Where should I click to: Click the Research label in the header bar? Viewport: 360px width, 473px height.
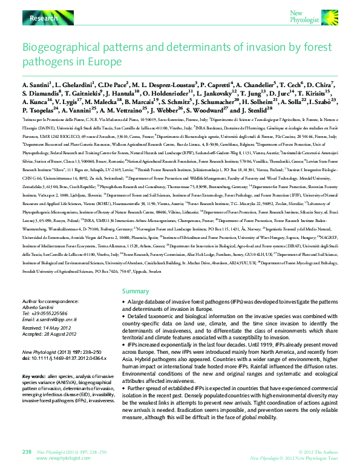pyautogui.click(x=44, y=19)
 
